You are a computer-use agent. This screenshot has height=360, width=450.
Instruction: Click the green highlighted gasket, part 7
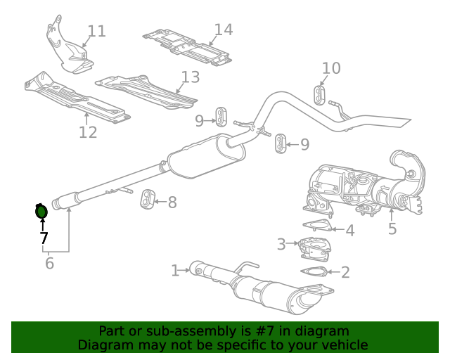click(x=41, y=210)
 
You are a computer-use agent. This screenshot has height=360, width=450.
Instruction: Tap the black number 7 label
click(x=44, y=238)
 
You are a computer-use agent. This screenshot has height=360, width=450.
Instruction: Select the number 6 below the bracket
click(x=49, y=264)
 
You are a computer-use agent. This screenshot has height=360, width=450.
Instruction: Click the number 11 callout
click(x=96, y=31)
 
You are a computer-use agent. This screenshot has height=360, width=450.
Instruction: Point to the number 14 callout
click(x=223, y=30)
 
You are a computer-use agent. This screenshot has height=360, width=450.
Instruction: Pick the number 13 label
click(x=190, y=77)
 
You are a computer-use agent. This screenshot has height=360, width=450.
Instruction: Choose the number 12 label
click(x=88, y=132)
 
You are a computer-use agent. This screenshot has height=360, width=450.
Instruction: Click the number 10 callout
click(x=331, y=68)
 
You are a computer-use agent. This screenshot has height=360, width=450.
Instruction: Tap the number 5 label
click(x=392, y=229)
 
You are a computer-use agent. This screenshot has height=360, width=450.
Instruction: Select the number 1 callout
click(x=174, y=270)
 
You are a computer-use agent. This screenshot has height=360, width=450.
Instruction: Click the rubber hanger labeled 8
click(x=148, y=200)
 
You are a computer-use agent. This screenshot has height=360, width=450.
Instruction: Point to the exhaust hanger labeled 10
click(x=319, y=95)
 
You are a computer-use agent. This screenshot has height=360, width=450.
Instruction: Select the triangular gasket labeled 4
click(x=316, y=226)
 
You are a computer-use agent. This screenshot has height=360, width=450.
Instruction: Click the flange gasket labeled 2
click(x=314, y=271)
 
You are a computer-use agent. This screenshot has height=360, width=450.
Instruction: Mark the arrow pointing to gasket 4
click(x=335, y=229)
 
